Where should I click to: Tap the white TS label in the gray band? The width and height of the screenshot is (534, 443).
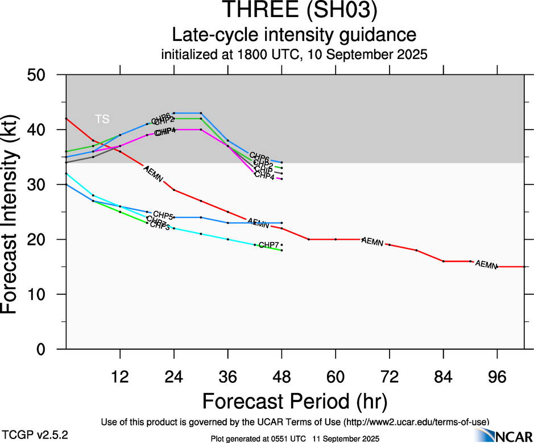[102, 119]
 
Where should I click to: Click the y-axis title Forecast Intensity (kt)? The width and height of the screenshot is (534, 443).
[14, 211]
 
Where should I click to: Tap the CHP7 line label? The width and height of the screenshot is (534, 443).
[268, 245]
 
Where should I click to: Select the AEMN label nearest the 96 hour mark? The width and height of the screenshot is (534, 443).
[486, 265]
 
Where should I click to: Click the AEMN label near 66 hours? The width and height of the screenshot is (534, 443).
[372, 242]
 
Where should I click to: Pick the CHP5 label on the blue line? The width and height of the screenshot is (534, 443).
[163, 215]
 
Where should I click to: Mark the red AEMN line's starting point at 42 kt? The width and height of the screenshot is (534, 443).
[67, 119]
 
